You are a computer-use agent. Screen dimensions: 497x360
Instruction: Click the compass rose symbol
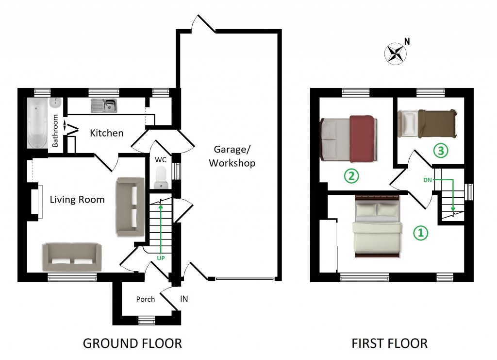click(x=396, y=53)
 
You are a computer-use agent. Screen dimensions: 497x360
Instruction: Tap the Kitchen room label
click(x=106, y=133)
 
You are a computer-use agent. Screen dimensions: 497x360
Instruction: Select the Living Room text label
click(x=77, y=200)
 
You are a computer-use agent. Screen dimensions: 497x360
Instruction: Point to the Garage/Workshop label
click(x=232, y=156)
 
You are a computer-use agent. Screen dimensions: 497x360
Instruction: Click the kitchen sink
click(x=104, y=105)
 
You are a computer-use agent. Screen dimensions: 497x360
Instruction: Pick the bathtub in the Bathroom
click(x=37, y=123)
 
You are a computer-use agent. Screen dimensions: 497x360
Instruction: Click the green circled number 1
click(x=421, y=233)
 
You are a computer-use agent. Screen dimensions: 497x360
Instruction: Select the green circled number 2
click(x=351, y=176)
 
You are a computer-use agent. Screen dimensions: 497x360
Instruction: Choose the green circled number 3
click(x=441, y=150)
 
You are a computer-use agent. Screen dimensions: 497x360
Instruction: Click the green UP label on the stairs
click(x=161, y=258)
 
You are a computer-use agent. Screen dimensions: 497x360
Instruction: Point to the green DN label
click(x=427, y=180)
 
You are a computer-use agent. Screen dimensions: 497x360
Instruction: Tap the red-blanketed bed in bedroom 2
click(x=348, y=138)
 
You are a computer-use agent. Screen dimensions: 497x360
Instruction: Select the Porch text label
click(x=146, y=299)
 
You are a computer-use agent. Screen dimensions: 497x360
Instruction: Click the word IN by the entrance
click(x=184, y=299)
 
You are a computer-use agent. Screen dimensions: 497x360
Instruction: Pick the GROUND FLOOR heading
click(x=132, y=343)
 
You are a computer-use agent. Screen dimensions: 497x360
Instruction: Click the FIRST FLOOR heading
click(x=390, y=343)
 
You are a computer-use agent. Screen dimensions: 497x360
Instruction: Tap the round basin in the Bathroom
click(x=55, y=103)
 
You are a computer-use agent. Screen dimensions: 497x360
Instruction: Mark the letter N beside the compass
click(x=407, y=42)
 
